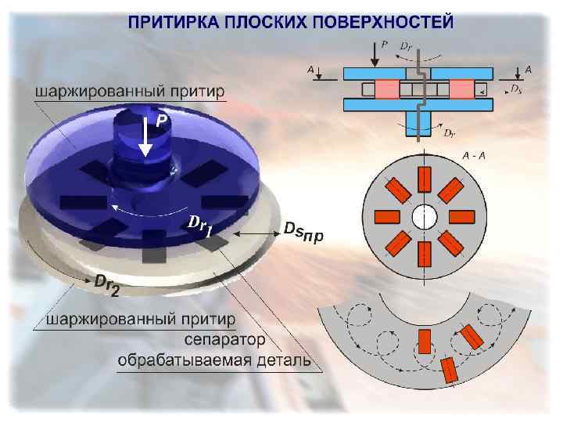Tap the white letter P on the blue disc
[x=160, y=121]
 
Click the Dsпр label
[x=303, y=233]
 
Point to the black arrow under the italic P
[x=375, y=54]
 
